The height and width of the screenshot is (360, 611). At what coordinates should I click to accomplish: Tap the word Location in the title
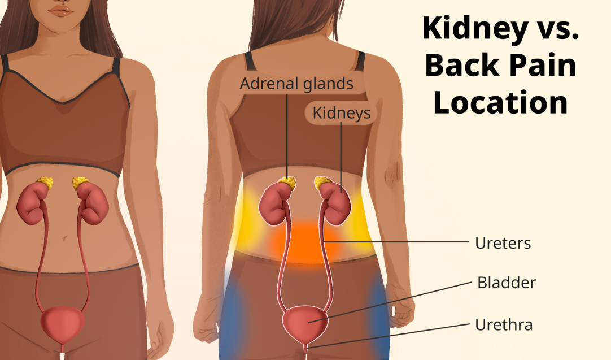[x=500, y=102]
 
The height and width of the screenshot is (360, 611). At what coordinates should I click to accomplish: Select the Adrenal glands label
[x=296, y=84]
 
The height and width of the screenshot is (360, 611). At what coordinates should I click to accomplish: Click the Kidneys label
[x=341, y=112]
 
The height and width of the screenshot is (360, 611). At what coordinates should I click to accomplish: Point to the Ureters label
[x=503, y=243]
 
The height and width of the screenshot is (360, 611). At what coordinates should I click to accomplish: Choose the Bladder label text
[x=507, y=283]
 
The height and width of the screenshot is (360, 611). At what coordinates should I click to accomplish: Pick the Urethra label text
[x=504, y=324]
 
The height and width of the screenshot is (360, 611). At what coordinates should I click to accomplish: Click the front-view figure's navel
[x=64, y=237]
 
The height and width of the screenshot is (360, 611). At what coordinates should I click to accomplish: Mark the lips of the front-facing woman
[x=61, y=11]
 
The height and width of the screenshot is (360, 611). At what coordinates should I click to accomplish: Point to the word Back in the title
[x=462, y=65]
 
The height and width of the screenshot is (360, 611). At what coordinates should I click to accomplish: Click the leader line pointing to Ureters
[x=395, y=242]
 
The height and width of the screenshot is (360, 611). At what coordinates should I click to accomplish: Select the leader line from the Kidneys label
[x=341, y=157]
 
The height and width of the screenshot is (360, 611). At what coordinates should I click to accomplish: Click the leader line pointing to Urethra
[x=389, y=336]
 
